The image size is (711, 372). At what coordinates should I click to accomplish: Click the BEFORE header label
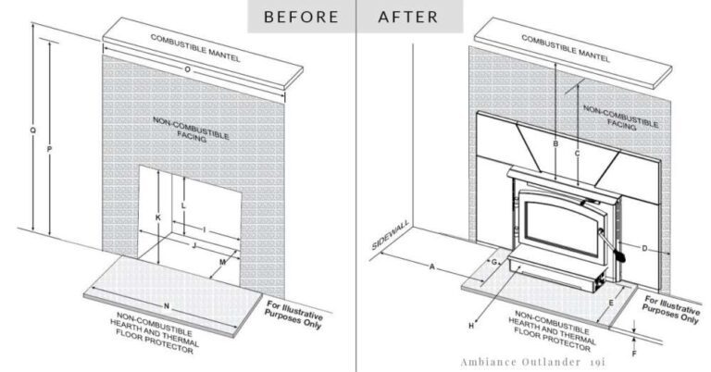[298, 16]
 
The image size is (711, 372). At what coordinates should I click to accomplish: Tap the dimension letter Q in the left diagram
[33, 130]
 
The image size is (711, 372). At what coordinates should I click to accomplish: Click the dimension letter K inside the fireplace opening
[158, 217]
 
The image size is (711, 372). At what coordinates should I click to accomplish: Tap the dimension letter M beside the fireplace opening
[222, 263]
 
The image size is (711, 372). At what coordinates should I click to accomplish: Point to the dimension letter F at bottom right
[634, 353]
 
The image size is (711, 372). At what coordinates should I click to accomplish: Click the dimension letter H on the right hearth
[472, 326]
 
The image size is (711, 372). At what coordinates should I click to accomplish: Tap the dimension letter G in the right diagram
[494, 264]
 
